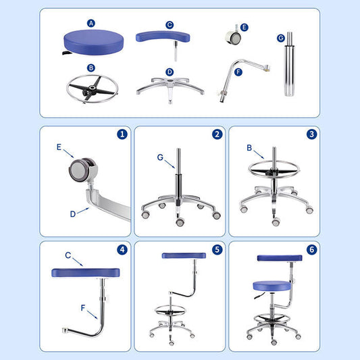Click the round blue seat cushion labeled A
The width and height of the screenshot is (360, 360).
point(91,42)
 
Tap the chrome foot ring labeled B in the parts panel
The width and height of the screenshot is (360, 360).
point(91,88)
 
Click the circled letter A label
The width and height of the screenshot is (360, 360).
point(91,22)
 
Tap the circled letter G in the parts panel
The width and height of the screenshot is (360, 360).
point(280,38)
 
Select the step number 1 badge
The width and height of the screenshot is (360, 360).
point(122,134)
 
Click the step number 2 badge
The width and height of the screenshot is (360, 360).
point(217,134)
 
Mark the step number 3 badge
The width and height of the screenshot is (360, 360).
point(311,134)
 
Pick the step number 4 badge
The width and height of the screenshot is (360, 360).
point(122,249)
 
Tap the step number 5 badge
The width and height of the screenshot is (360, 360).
point(217,249)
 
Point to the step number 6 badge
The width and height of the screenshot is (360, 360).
point(311,249)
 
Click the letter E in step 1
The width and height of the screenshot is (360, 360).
point(58,145)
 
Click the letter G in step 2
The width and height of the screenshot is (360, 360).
point(160,157)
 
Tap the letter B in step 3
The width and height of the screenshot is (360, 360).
point(249,147)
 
